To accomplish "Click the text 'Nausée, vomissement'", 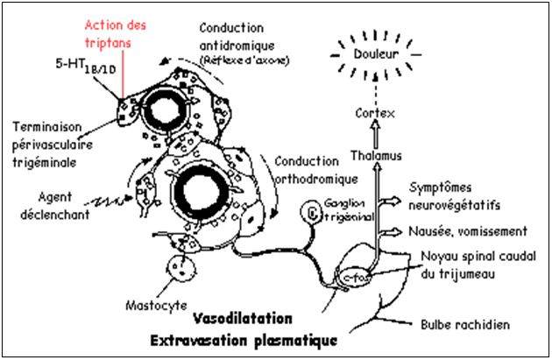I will pyautogui.click(x=467, y=231).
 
